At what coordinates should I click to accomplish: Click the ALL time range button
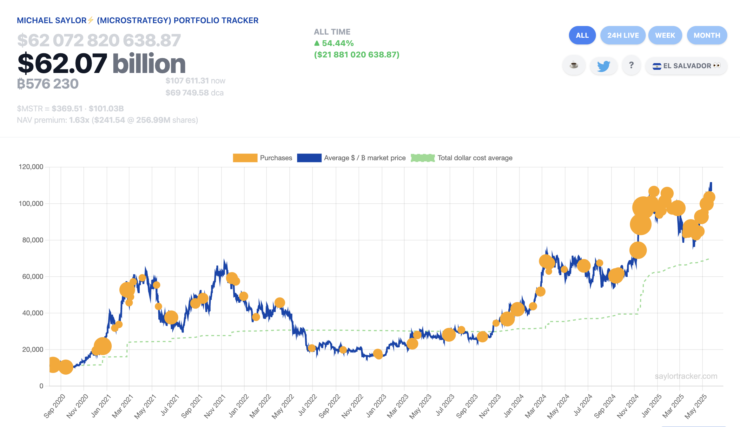[582, 35]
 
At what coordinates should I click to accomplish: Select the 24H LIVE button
[623, 35]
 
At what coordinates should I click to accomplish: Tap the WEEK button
[665, 35]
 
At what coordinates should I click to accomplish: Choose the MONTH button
[707, 35]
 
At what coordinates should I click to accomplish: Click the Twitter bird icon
[604, 66]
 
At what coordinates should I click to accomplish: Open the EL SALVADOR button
[686, 66]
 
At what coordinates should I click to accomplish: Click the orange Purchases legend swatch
[245, 158]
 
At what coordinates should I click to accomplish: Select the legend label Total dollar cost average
[475, 158]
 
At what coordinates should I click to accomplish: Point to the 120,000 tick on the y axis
[31, 167]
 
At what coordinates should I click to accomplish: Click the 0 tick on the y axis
[41, 386]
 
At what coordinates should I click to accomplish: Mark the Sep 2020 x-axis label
[55, 406]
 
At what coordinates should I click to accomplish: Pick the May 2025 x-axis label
[696, 406]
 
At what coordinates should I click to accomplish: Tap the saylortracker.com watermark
[686, 376]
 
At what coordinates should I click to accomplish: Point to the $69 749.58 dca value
[194, 93]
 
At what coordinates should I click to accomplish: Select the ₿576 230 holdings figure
[48, 84]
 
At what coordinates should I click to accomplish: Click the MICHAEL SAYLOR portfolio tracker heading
[137, 21]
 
